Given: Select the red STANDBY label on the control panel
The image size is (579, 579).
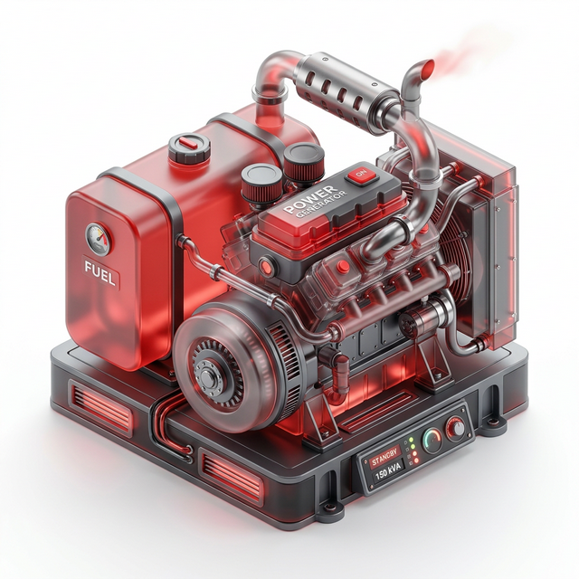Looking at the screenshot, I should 384,458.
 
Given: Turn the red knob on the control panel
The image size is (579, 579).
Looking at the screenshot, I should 456,426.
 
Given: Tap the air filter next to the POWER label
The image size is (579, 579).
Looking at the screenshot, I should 303,161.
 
